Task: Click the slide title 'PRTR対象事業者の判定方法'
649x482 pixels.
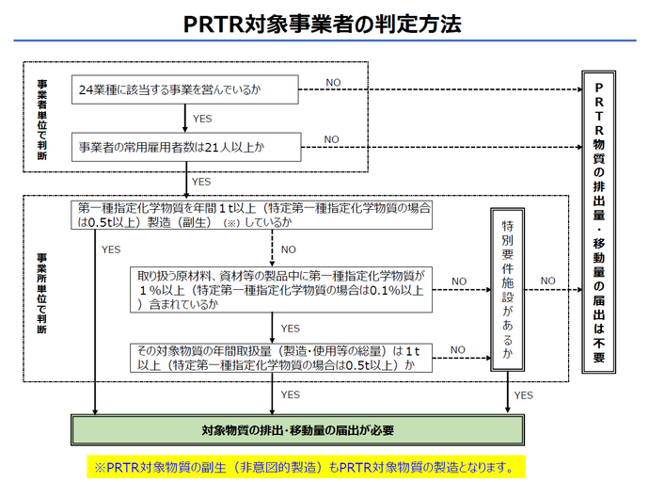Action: pyautogui.click(x=323, y=24)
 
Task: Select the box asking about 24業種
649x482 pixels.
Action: pyautogui.click(x=185, y=90)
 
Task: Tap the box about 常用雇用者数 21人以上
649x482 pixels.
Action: pyautogui.click(x=185, y=146)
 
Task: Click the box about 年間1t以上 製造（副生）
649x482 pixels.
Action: pyautogui.click(x=253, y=216)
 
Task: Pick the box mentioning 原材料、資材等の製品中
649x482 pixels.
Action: pyautogui.click(x=281, y=290)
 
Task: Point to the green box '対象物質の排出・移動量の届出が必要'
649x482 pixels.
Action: pyautogui.click(x=297, y=430)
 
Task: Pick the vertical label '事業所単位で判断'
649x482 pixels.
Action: pyautogui.click(x=42, y=293)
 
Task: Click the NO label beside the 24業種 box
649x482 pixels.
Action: pyautogui.click(x=333, y=83)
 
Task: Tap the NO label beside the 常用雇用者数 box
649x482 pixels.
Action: pyautogui.click(x=332, y=139)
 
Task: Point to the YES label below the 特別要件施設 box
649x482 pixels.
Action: pyautogui.click(x=524, y=395)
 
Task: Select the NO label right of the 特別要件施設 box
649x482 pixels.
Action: pyautogui.click(x=548, y=281)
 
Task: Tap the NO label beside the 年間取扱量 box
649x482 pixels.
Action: pyautogui.click(x=458, y=349)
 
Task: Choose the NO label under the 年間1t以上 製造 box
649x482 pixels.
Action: pyautogui.click(x=288, y=249)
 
